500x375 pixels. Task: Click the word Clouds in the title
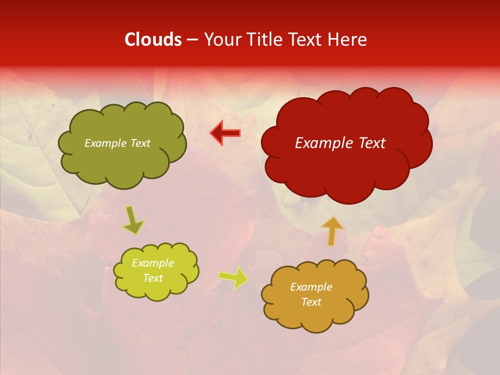pos(153,40)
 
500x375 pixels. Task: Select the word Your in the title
pos(222,40)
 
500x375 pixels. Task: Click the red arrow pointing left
pos(226,133)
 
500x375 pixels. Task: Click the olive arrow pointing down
pos(133,220)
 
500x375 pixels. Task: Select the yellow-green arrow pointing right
pos(233,277)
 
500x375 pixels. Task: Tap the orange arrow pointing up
pos(332,231)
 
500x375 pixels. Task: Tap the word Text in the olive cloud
pos(140,143)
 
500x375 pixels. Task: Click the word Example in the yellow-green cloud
pos(153,263)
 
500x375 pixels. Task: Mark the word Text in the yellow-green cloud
pos(153,278)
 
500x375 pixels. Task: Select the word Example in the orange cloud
pos(311,287)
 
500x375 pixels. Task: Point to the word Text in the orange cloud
pos(311,302)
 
